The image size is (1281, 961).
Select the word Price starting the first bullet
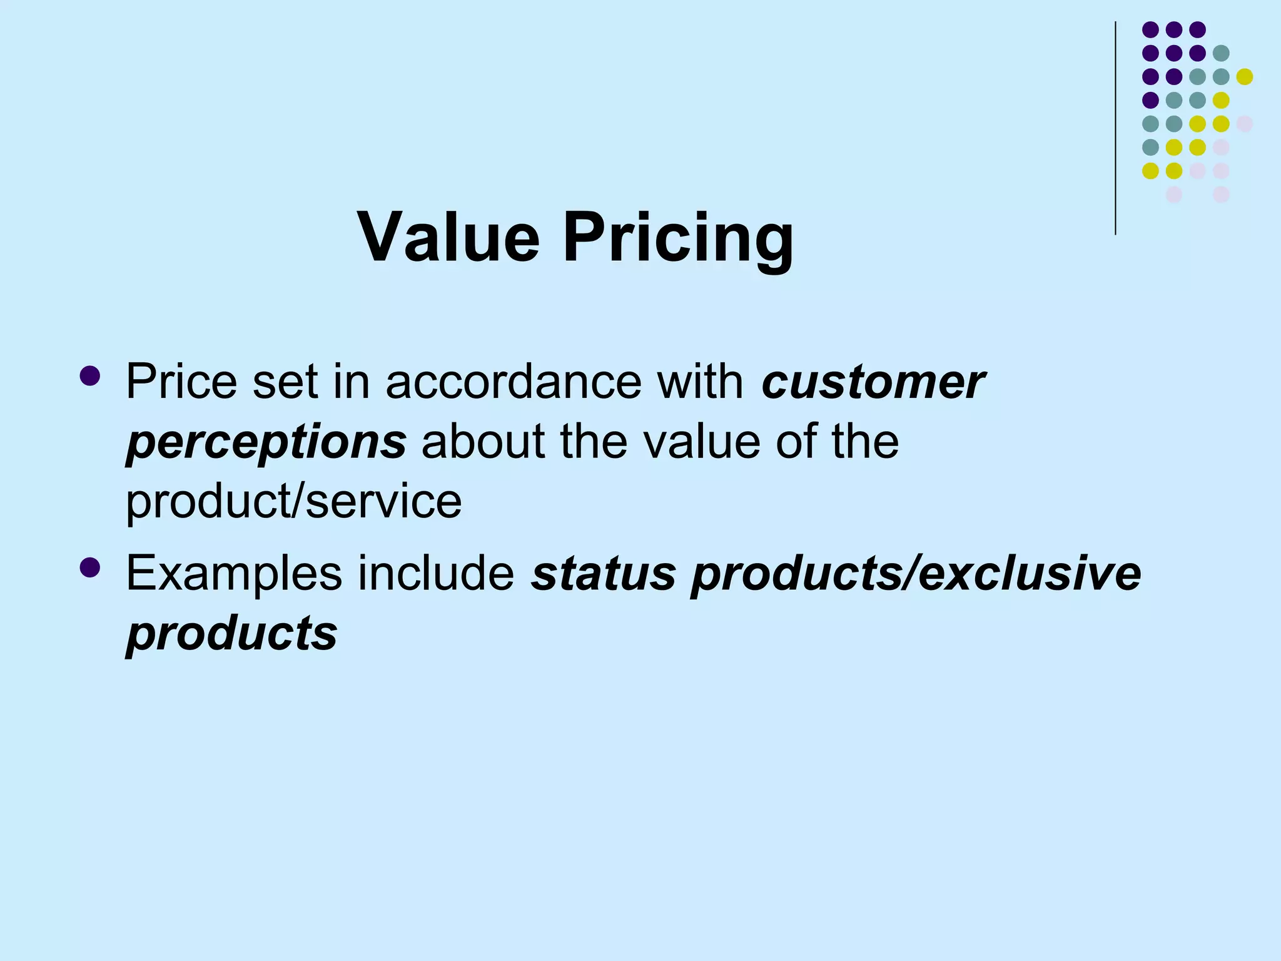(x=181, y=381)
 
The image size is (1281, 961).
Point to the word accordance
(x=513, y=381)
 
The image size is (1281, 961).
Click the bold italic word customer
(x=873, y=381)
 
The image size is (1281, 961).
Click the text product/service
(x=293, y=501)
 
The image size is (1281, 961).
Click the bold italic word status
(x=604, y=573)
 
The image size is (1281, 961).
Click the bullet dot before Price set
(x=90, y=376)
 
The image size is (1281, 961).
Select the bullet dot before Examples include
(x=90, y=567)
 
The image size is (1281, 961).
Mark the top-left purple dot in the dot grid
(x=1150, y=29)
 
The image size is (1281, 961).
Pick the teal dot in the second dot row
(x=1221, y=53)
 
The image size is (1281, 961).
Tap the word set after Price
(x=285, y=381)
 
